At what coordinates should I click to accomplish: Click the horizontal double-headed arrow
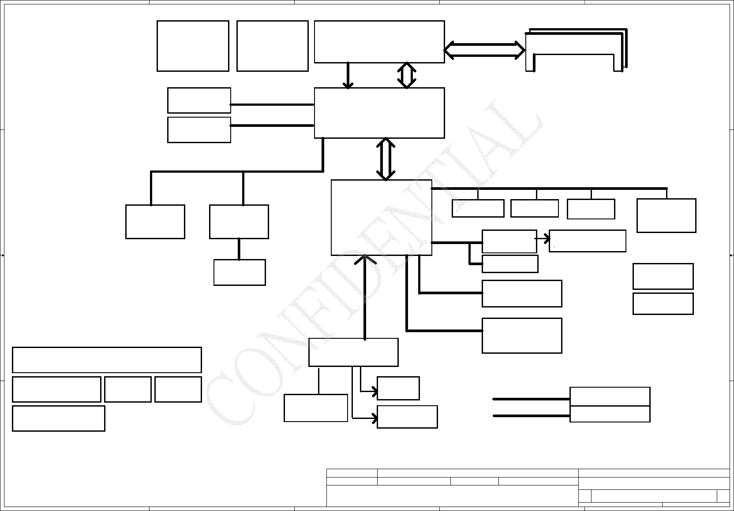484,50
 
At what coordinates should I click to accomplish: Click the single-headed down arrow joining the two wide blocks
348,76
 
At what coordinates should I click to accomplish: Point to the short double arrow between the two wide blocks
406,75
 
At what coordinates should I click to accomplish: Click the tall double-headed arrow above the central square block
386,159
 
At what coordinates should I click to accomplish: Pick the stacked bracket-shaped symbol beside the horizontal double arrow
576,49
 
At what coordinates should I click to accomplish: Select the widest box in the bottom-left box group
107,360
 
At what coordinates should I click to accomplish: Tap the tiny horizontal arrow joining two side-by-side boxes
543,239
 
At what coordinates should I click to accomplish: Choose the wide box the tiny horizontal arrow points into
587,241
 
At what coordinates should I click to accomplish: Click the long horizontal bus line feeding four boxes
549,189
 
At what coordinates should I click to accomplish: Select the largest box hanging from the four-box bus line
666,215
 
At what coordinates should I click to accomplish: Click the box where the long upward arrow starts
353,352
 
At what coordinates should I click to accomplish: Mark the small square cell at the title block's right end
723,496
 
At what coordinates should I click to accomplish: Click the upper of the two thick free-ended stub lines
532,399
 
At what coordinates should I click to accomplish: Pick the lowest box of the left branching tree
240,272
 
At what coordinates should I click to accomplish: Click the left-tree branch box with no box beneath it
155,222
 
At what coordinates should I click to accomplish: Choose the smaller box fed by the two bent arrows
398,388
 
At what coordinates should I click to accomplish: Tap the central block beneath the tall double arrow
381,217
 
